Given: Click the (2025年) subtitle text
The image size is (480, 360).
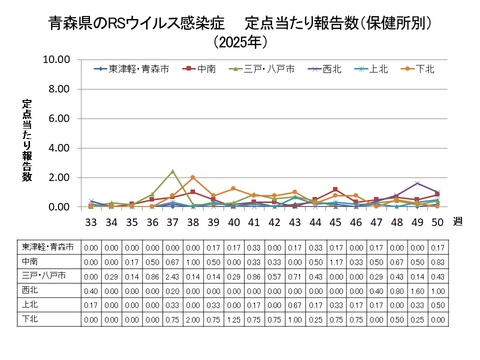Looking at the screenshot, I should [240, 42].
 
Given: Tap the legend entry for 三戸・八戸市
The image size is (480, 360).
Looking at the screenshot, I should [261, 69].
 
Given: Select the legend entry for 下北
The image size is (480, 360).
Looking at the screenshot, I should [421, 69].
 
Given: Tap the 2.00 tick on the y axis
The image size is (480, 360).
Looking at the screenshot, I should [58, 178].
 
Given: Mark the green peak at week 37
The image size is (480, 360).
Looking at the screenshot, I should [172, 171].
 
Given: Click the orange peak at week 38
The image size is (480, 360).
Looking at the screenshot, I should [192, 178].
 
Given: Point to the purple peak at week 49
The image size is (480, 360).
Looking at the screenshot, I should [417, 183].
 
